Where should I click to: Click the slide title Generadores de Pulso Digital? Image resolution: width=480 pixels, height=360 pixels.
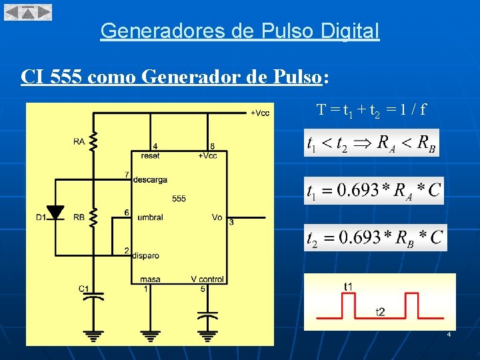(240, 31)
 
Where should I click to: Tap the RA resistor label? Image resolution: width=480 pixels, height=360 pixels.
(79, 141)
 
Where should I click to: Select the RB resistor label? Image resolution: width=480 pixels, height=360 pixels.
(79, 217)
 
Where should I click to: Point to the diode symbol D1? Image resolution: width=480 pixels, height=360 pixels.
(56, 213)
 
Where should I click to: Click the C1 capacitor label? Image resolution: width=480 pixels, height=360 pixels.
(84, 289)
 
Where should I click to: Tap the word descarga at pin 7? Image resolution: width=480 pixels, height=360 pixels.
(150, 179)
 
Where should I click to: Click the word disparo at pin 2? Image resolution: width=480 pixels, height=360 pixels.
(146, 255)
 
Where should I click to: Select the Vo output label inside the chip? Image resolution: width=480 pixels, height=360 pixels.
(217, 217)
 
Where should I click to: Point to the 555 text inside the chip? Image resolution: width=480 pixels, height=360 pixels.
(179, 198)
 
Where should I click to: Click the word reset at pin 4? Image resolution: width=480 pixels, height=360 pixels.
(151, 155)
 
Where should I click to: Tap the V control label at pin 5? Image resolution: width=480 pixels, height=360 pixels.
(207, 279)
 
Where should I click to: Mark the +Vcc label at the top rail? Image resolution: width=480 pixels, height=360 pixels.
(260, 113)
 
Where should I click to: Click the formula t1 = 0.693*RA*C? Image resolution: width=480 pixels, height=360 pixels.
(373, 191)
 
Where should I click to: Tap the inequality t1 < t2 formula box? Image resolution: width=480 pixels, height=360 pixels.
(371, 143)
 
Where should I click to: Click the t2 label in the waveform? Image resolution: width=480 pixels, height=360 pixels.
(379, 312)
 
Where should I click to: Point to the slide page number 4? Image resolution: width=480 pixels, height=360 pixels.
(449, 334)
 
